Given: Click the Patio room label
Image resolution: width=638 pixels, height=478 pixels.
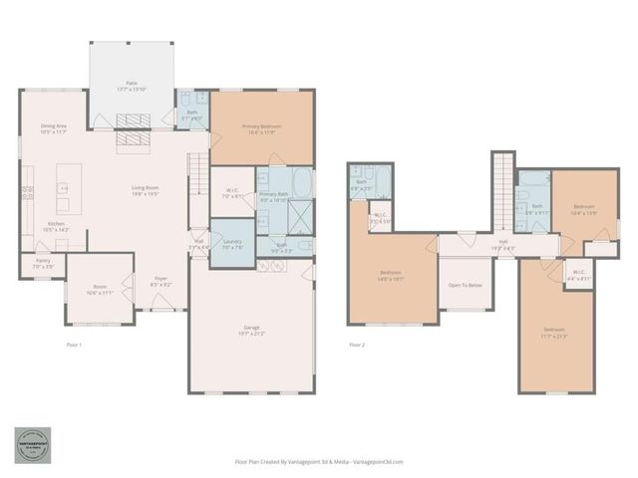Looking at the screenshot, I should [x=132, y=86].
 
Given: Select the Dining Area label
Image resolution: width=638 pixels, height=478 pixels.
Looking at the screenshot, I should [x=54, y=128].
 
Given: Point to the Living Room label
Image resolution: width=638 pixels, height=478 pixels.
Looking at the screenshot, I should [x=147, y=190].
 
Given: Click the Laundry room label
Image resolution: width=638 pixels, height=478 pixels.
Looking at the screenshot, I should [x=233, y=244].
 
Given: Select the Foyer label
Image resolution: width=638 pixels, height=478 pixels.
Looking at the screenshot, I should [x=159, y=281].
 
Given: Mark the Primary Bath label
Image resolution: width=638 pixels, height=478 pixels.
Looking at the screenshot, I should [x=273, y=197].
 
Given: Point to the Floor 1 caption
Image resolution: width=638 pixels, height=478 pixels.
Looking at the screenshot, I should [x=74, y=345].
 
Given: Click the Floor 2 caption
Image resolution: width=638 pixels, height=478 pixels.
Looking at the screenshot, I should [x=357, y=345].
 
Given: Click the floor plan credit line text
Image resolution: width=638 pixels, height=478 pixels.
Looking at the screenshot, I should [x=319, y=462].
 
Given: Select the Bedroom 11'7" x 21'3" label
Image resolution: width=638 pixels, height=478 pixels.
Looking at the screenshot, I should [x=554, y=332].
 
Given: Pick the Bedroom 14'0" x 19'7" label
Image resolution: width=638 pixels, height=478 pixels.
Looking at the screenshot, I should [x=391, y=276].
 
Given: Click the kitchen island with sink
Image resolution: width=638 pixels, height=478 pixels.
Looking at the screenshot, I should [x=63, y=195].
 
